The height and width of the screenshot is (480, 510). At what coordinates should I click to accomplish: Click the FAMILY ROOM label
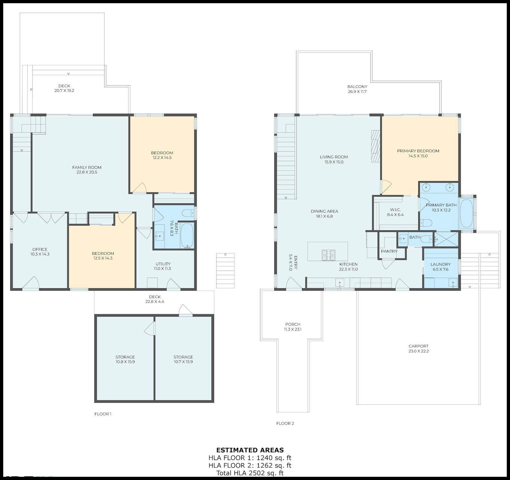(87, 167)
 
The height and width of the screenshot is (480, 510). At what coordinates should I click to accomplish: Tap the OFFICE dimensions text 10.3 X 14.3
(40, 254)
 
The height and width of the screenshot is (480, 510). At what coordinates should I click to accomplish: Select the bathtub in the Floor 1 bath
(187, 235)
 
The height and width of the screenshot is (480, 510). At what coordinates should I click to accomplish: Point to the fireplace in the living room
(376, 147)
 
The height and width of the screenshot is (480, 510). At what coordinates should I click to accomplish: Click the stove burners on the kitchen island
(328, 255)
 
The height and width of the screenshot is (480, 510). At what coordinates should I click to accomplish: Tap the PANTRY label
(389, 251)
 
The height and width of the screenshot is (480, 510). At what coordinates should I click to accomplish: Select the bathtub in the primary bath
(466, 213)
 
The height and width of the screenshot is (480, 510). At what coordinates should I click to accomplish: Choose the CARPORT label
(419, 346)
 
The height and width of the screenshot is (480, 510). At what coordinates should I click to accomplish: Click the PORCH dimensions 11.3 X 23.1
(293, 329)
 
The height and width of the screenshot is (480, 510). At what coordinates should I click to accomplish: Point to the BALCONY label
(357, 87)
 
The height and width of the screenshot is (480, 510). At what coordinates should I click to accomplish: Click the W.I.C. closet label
(395, 210)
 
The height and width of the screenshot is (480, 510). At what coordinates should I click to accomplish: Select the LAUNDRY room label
(440, 264)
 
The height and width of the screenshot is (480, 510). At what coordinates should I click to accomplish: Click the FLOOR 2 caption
(285, 423)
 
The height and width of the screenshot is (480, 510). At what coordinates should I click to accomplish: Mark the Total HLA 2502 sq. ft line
(250, 473)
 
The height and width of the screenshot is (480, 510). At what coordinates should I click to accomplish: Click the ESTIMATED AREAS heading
(250, 450)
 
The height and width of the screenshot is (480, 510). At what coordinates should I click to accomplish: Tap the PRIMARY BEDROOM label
(418, 151)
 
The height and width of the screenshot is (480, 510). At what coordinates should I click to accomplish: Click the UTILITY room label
(163, 264)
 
